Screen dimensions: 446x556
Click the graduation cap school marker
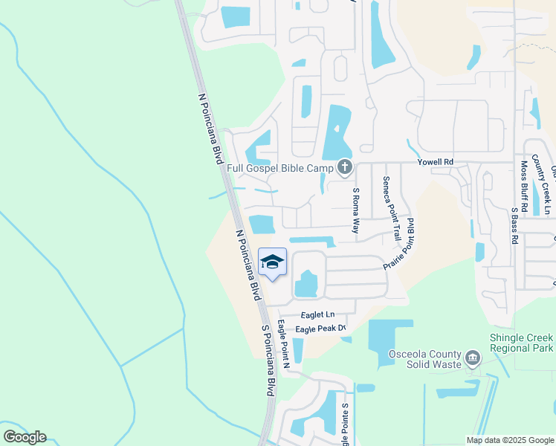coord(273,262)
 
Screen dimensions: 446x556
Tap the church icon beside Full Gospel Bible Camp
coord(344,167)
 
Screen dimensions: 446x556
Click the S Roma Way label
coord(355,211)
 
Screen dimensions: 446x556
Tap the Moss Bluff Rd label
coord(524,187)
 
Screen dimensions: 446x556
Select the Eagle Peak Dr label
coord(321,329)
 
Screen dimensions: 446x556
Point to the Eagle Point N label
coord(282,343)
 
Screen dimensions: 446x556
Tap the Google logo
coord(25,437)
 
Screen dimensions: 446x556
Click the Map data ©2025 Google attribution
coord(510,440)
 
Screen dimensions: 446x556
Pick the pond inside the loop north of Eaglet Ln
coord(307,283)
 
